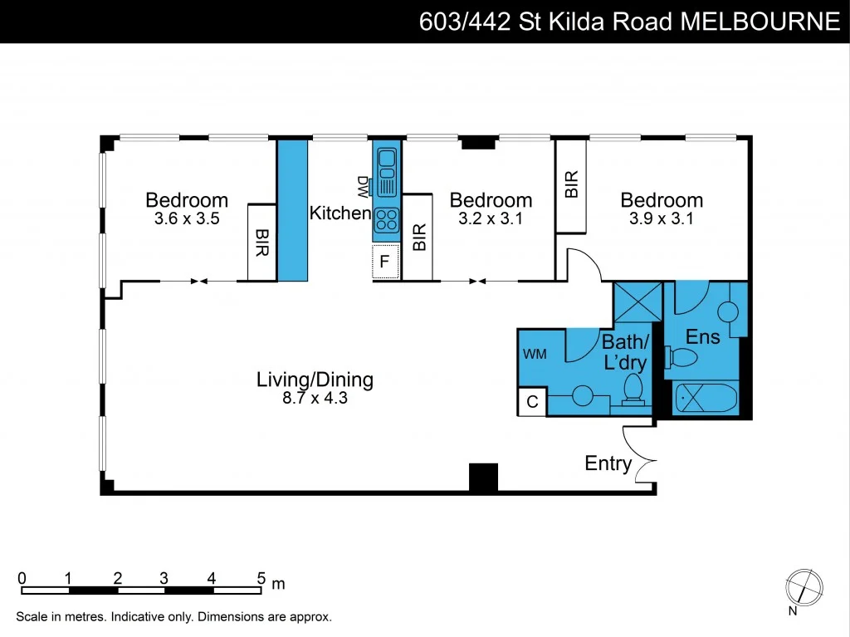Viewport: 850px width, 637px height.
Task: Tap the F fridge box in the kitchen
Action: point(385,263)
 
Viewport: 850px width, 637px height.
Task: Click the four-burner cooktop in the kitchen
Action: point(386,220)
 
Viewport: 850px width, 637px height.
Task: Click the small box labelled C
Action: point(532,402)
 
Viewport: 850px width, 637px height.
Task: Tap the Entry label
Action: point(608,463)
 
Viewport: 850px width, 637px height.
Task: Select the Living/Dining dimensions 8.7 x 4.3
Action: point(315,398)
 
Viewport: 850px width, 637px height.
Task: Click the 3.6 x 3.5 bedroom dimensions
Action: point(187,219)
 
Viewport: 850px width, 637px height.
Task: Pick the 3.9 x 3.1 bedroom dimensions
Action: point(662,219)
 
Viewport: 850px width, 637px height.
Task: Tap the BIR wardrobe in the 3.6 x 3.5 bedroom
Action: point(261,242)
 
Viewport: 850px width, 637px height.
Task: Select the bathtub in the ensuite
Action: point(705,399)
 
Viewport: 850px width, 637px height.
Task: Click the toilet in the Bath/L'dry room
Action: point(635,390)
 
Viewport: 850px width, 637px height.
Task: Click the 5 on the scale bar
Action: point(261,578)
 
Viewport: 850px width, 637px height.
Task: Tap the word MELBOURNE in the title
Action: point(760,22)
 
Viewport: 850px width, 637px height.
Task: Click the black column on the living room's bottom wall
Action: point(483,478)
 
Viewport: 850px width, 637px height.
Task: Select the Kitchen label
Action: point(340,213)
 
